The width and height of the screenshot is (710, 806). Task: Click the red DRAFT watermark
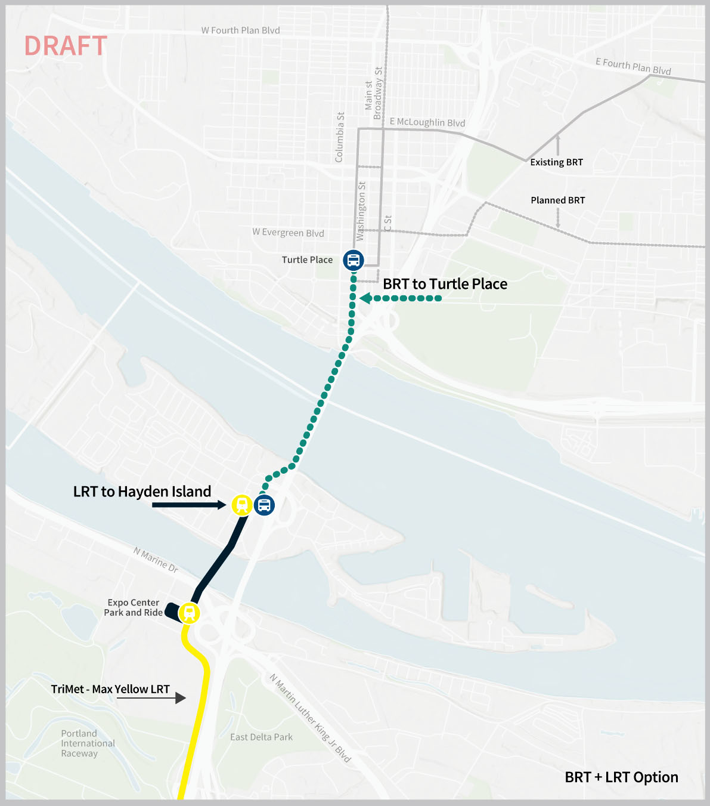[x=66, y=47]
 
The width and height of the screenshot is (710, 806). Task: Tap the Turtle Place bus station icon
[x=354, y=260]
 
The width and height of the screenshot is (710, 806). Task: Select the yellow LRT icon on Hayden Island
[x=242, y=505]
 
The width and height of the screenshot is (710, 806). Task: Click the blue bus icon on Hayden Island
[x=264, y=505]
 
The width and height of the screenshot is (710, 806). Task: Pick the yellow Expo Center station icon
[x=189, y=613]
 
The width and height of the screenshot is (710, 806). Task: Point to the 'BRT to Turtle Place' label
[x=445, y=284]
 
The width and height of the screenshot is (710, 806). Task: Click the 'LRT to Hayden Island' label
[x=142, y=492]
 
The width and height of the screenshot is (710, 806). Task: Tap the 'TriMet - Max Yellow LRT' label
[x=110, y=689]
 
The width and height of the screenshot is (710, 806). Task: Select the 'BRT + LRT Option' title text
[x=621, y=777]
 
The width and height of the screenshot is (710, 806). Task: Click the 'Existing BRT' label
[x=556, y=162]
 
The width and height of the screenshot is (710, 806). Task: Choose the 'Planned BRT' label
[x=557, y=200]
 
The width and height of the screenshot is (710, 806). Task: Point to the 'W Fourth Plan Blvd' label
[x=240, y=30]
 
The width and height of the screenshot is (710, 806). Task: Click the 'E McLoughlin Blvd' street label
[x=427, y=122]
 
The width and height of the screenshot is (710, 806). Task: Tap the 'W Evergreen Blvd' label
[x=288, y=233]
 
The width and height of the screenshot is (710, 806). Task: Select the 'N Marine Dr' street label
[x=156, y=560]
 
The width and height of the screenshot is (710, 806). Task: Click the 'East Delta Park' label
[x=261, y=737]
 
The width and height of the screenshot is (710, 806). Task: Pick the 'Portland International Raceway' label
[x=87, y=743]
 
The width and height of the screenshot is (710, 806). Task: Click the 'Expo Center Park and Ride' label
[x=133, y=607]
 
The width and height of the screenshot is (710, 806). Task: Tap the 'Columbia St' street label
[x=340, y=137]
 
